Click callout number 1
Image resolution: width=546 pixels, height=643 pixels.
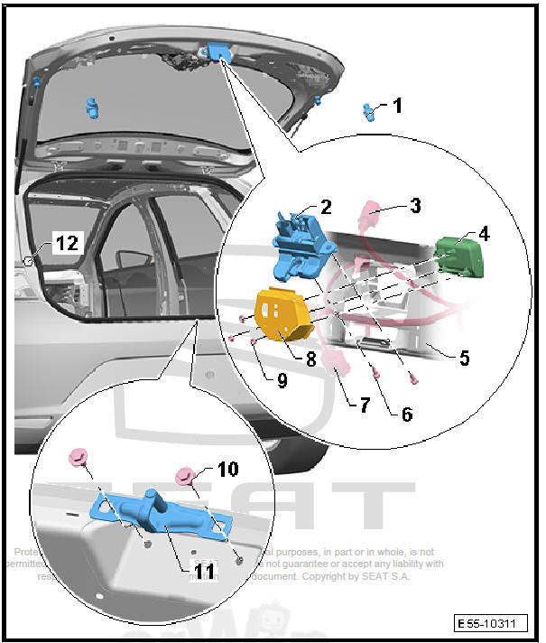pos(398,106)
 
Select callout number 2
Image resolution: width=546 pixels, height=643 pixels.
pos(326,207)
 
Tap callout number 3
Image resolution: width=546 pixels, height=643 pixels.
pos(414,206)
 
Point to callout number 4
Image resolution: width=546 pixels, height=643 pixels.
pos(484,233)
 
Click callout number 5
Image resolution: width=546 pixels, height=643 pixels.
pos(464,359)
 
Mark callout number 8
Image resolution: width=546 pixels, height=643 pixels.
pos(310,359)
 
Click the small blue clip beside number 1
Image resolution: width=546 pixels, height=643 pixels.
pos(370,112)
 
